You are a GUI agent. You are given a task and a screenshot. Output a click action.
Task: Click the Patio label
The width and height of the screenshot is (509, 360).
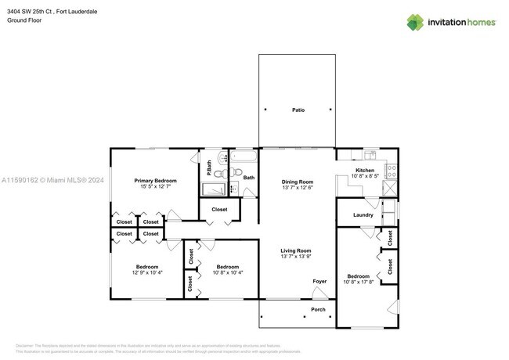point(298,110)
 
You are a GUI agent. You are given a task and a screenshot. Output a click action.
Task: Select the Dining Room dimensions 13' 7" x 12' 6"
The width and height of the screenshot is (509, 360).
point(298,188)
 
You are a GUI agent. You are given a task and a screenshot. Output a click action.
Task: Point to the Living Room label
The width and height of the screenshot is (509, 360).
point(297,250)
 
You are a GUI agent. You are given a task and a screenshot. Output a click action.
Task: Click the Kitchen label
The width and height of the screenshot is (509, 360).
point(365,170)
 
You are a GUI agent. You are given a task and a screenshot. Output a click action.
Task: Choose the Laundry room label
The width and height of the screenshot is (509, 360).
point(363,214)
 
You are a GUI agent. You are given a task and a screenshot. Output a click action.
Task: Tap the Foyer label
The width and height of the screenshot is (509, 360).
point(319,281)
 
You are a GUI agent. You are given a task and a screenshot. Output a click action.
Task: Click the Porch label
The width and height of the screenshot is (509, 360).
point(319,308)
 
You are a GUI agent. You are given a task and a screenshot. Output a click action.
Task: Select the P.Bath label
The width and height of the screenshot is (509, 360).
point(209,167)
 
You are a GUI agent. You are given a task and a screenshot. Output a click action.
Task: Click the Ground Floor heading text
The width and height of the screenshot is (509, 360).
point(23,20)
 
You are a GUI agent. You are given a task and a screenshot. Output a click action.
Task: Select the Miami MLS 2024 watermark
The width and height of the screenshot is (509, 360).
point(52,180)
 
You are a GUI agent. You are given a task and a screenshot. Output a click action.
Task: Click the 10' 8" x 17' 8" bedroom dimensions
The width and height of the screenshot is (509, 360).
point(358,283)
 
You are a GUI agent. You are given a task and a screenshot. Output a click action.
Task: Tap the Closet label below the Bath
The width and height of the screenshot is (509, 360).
point(219,210)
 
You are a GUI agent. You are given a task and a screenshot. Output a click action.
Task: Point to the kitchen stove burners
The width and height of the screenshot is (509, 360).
point(391,170)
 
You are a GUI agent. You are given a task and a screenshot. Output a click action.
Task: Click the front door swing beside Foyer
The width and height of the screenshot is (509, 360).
point(319,293)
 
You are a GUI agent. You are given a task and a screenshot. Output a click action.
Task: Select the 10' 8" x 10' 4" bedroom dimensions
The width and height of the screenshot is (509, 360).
point(227,272)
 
